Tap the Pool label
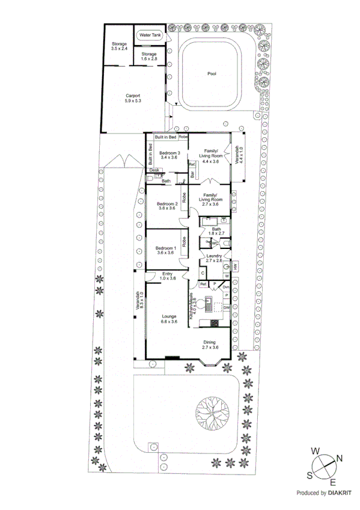click(x=212, y=74)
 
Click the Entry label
click(x=168, y=276)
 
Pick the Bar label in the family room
click(x=192, y=175)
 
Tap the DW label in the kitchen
click(x=226, y=308)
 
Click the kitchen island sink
click(x=209, y=303)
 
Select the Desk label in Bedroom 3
click(x=154, y=170)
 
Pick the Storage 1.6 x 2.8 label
click(x=148, y=57)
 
